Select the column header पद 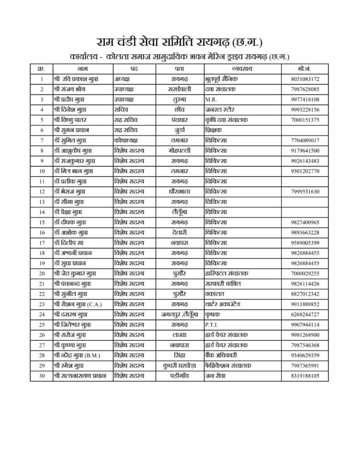pyautogui.click(x=134, y=68)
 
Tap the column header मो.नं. pyautogui.click(x=304, y=68)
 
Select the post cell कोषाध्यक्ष pyautogui.click(x=127, y=140)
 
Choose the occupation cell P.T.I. pyautogui.click(x=213, y=324)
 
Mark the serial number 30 pyautogui.click(x=42, y=375)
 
